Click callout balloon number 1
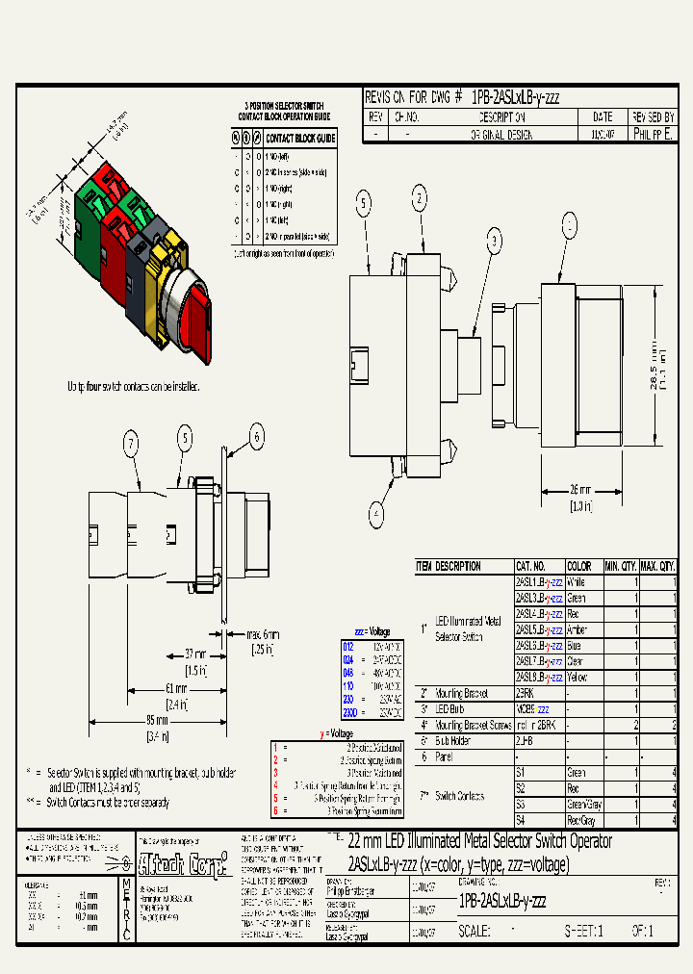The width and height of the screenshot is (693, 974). (x=571, y=226)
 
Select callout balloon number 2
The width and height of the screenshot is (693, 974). (x=420, y=199)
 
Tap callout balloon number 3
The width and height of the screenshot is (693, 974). (x=494, y=241)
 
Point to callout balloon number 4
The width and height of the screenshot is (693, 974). (x=378, y=511)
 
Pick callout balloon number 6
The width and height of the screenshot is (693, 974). (x=256, y=437)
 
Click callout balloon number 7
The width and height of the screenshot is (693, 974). (x=131, y=445)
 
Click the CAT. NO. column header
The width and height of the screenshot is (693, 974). (x=531, y=567)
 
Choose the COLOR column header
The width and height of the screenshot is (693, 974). (x=579, y=567)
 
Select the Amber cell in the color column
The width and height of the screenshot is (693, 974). (x=577, y=629)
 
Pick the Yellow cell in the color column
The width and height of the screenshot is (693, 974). (x=578, y=677)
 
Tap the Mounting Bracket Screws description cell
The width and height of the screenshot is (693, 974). (x=474, y=725)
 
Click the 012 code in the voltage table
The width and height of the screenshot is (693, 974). (x=348, y=648)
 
